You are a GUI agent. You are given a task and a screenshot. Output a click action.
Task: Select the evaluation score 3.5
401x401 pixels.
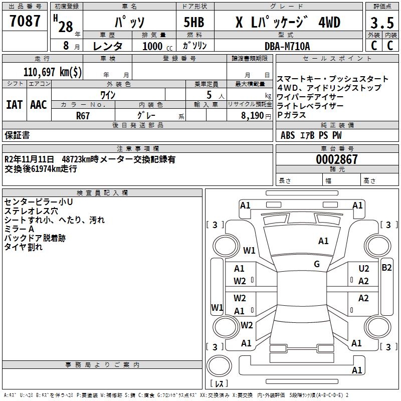coord(381,24)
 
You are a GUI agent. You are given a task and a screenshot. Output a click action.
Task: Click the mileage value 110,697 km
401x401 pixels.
coord(53,71)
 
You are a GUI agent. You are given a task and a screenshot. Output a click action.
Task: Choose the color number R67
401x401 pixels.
coord(83,115)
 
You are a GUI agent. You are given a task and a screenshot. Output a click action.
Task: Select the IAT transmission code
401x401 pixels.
coord(14,105)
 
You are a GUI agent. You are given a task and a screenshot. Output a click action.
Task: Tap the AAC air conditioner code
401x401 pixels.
coord(39,105)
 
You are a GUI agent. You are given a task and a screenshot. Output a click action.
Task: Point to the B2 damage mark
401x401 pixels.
coord(386,267)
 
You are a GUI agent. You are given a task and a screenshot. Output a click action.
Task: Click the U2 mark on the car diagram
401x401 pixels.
coord(363,269)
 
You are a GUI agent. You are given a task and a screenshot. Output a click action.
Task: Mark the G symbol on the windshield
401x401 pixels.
coord(317,264)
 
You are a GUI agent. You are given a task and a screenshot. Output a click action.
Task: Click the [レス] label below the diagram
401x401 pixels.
coord(219,383)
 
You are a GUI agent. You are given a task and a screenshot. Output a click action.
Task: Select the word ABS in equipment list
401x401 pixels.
coord(288,135)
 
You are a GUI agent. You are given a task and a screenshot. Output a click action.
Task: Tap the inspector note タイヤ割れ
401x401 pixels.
coord(24,247)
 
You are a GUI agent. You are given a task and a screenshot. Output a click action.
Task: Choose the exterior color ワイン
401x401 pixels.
coord(108,95)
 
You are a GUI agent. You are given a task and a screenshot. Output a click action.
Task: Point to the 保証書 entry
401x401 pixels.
coord(17,135)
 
